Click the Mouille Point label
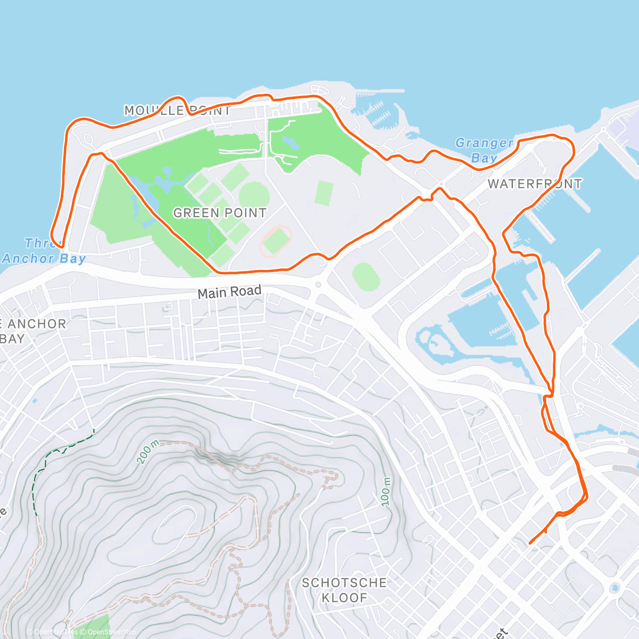coord(177,111)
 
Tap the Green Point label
coord(219,213)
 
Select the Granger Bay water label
coord(484,150)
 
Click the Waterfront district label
coord(535,184)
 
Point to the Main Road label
coord(229,292)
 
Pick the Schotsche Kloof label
coord(344,590)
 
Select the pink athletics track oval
coord(276,240)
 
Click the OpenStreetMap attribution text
coord(111,632)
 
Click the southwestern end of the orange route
coord(530,543)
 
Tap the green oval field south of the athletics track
coord(366,277)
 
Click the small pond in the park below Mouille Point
coord(290,143)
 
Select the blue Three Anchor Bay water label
coord(44,251)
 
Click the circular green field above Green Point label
coord(254,195)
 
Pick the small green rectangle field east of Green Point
coord(324,193)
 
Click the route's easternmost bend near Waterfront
coord(574,150)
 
